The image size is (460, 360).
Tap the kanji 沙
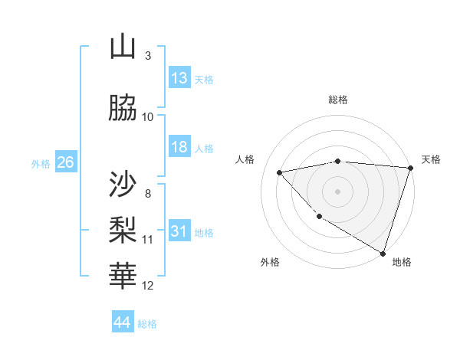coord(123,184)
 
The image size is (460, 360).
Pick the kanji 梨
coord(123,227)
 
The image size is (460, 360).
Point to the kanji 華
coord(123,273)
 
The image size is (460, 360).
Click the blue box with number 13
coord(179,78)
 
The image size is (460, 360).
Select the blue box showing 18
coord(179,147)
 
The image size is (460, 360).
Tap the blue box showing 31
coord(179,231)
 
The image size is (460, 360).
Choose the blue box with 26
coord(65,162)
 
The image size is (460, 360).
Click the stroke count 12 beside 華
coord(148,286)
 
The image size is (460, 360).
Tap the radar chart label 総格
coord(338,100)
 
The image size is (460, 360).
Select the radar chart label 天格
coord(432,159)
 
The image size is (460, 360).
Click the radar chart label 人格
coord(245,159)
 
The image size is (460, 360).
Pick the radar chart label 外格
coord(270,262)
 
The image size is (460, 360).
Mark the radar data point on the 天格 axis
coord(410,168)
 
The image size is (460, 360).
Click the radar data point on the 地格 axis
coord(382,252)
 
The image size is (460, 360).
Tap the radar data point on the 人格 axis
coord(280,172)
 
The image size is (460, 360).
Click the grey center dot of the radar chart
coord(338,191)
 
